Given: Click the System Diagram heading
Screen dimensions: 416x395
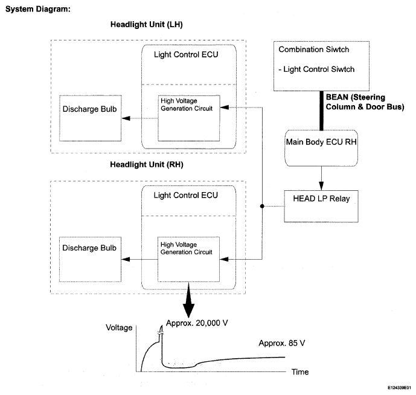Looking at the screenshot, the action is click(38, 9).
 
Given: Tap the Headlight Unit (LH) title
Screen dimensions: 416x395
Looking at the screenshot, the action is click(147, 24).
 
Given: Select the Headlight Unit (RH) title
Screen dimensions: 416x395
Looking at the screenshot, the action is click(147, 164).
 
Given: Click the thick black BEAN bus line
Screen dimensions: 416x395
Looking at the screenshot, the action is click(321, 111).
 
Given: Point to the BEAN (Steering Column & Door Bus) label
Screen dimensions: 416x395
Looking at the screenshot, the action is click(365, 102).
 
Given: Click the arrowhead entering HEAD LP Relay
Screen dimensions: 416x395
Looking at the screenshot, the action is click(321, 186).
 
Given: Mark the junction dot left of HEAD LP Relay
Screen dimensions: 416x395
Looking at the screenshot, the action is click(262, 207).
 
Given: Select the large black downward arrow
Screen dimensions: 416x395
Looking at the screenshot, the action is click(188, 300).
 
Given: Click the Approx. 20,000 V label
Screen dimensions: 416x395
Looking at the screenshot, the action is click(197, 323).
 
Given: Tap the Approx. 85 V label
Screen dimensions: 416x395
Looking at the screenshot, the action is click(282, 343).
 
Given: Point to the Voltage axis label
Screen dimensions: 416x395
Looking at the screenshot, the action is click(119, 328).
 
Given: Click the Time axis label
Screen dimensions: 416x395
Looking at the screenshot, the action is click(300, 372).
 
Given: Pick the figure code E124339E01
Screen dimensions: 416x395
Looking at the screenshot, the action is click(399, 388).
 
